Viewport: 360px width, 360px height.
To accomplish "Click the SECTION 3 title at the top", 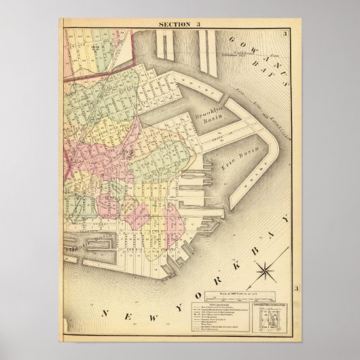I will (180, 26).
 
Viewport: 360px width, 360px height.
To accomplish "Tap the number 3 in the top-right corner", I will (287, 34).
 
